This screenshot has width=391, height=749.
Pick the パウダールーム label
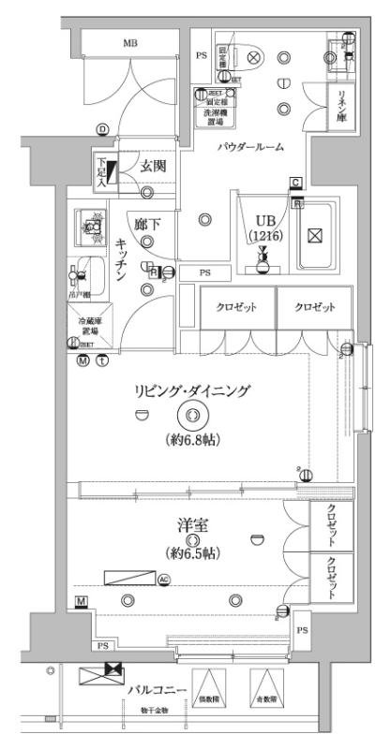click(251, 148)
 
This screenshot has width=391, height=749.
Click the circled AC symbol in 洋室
click(164, 580)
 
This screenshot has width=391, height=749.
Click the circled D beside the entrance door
click(100, 129)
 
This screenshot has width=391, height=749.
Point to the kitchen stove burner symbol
click(92, 226)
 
